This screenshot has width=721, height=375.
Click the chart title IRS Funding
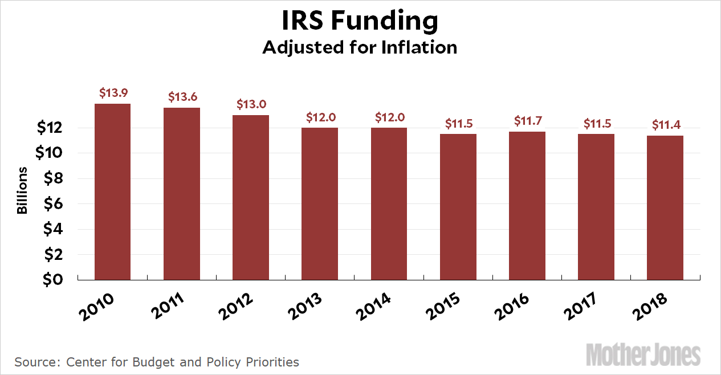360,22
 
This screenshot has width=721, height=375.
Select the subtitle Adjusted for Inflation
360,47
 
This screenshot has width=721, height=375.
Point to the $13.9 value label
113,92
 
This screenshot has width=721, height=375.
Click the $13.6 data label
182,96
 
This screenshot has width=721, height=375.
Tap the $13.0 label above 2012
251,104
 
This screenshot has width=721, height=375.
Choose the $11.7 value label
527,120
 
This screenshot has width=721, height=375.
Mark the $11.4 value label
665,124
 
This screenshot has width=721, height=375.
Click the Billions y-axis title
22,190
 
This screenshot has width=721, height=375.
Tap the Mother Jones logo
643,354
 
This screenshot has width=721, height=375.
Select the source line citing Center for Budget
157,361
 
